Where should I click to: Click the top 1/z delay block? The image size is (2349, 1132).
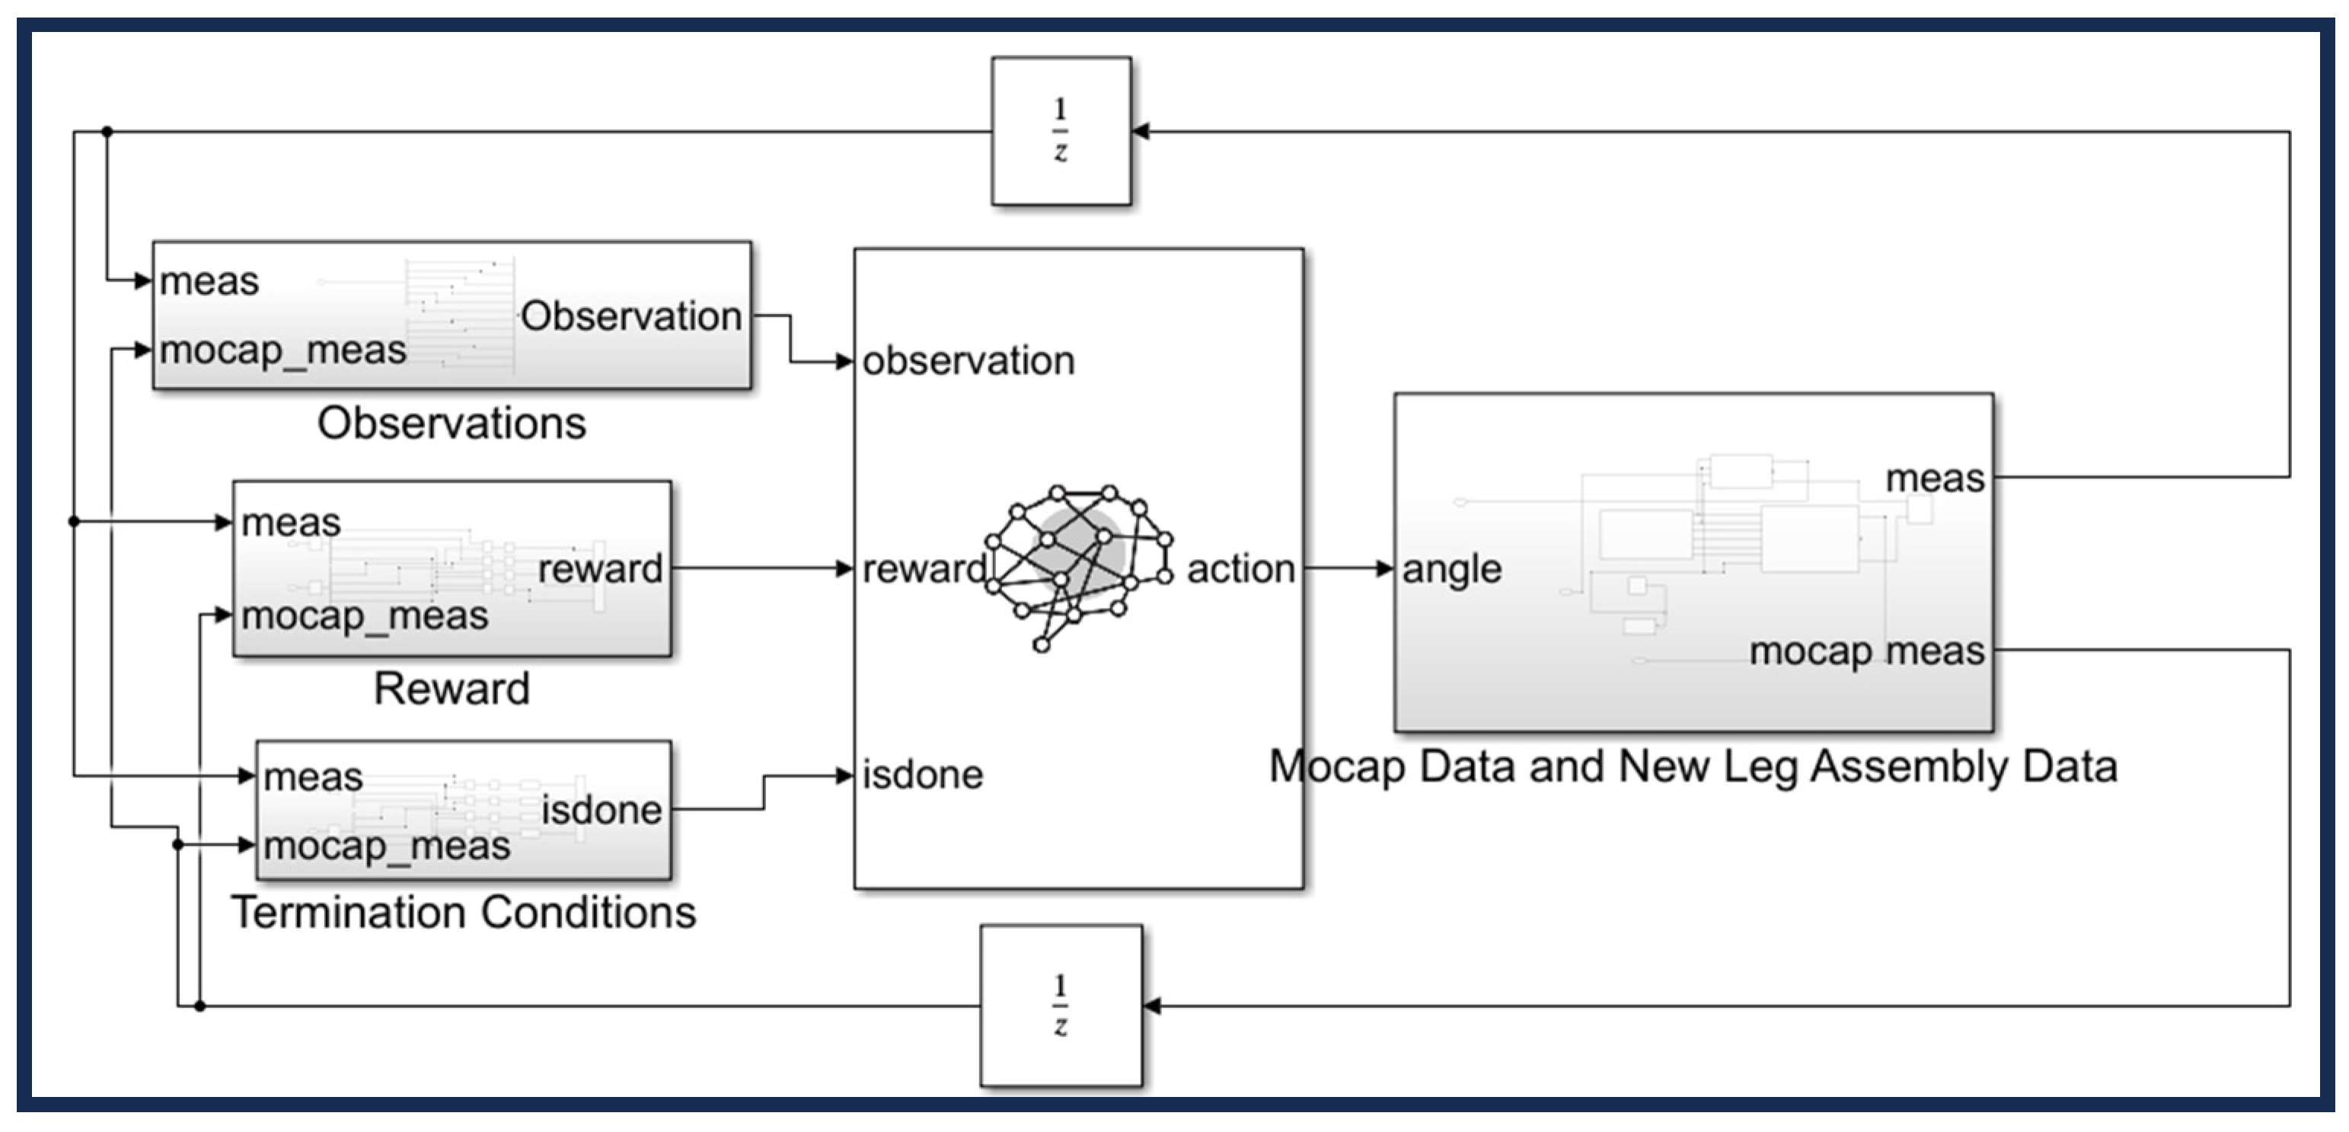tap(1061, 131)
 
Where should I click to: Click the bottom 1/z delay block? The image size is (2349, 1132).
tap(1061, 1006)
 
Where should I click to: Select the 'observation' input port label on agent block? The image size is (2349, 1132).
tap(969, 361)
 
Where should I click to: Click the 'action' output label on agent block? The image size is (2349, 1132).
tap(1240, 569)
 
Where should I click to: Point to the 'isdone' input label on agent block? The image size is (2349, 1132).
tap(923, 775)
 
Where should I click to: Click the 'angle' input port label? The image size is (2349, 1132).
tap(1452, 569)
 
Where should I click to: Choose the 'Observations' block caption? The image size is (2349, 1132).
tap(452, 424)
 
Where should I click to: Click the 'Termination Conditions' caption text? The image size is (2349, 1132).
tap(463, 912)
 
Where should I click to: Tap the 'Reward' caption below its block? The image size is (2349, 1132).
tap(452, 689)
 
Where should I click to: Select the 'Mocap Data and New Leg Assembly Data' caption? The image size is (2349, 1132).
tap(1693, 766)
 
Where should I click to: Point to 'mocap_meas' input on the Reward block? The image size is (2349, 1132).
tap(365, 616)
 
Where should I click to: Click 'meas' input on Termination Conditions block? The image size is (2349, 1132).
tap(313, 777)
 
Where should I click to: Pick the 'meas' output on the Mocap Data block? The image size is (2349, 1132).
tap(1934, 478)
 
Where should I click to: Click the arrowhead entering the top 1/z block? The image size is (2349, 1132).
tap(1140, 131)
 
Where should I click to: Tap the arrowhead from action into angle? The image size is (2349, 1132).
tap(1384, 569)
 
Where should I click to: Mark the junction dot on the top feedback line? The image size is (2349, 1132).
tap(107, 131)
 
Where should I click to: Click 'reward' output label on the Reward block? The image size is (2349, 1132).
tap(600, 569)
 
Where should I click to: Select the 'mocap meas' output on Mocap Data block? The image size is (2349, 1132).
tap(1865, 651)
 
